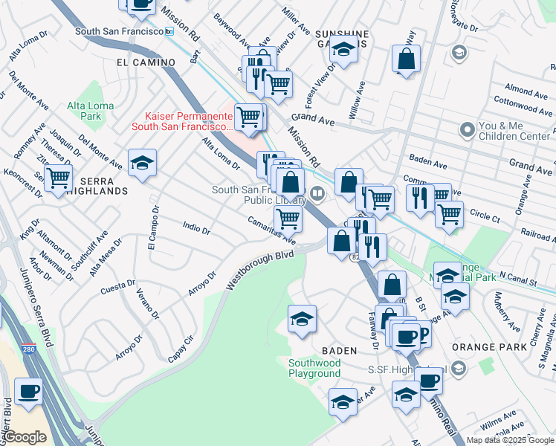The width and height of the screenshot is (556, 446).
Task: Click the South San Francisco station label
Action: click(x=119, y=31)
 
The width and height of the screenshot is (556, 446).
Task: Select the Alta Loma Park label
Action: click(x=91, y=111)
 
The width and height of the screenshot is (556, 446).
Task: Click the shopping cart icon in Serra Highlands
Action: click(x=57, y=178)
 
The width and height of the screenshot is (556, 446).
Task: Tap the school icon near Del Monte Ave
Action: click(x=142, y=162)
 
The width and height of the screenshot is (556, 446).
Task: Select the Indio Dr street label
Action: click(x=197, y=226)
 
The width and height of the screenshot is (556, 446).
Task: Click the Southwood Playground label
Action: click(x=314, y=368)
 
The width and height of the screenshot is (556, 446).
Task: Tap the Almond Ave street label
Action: click(x=526, y=91)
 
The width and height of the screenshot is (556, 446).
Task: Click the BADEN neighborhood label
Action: click(x=340, y=349)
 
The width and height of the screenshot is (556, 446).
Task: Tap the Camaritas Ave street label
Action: click(x=272, y=230)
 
